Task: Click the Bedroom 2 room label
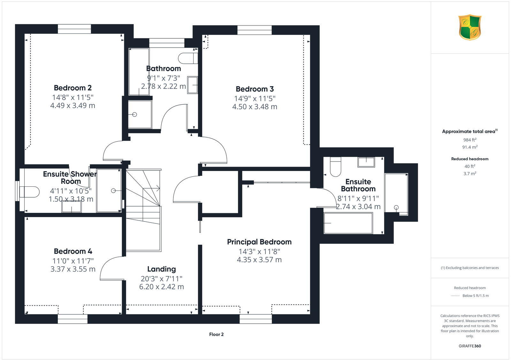pos(72,88)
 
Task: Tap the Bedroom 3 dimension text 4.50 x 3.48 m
pos(255,107)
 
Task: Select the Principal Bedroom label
pos(259,242)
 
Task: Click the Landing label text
pos(161,269)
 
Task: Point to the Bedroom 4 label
pos(73,251)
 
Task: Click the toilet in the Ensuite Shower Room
pos(29,192)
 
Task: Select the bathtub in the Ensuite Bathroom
pos(348,223)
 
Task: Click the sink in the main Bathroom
pos(192,85)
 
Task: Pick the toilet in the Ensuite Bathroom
pos(335,167)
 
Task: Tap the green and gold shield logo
pos(470,27)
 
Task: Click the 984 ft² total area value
pos(470,140)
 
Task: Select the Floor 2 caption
pos(216,334)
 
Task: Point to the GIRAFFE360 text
pos(470,346)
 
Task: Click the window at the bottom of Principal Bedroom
pos(256,319)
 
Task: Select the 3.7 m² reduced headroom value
pos(470,174)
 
